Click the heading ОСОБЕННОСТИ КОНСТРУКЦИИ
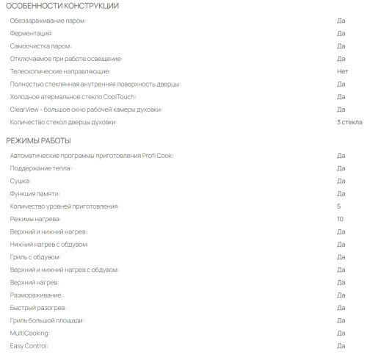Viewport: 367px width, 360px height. (x=62, y=7)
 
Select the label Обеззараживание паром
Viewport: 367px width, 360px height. (x=48, y=21)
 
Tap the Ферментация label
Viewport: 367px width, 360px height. (x=32, y=33)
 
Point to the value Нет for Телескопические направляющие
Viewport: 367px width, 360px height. (x=342, y=71)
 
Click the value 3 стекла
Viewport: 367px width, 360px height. (x=349, y=122)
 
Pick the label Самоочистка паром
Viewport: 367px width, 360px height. (x=41, y=46)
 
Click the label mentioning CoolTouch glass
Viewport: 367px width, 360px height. (x=73, y=97)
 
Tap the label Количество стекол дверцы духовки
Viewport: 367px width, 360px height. (x=64, y=122)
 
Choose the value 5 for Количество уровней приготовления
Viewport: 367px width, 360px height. (x=339, y=206)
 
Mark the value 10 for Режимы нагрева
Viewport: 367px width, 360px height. (x=340, y=219)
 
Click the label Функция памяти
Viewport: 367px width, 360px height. (x=35, y=193)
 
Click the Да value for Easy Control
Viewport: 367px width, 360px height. (x=341, y=345)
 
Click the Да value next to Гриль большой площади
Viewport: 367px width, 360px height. (x=341, y=320)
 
